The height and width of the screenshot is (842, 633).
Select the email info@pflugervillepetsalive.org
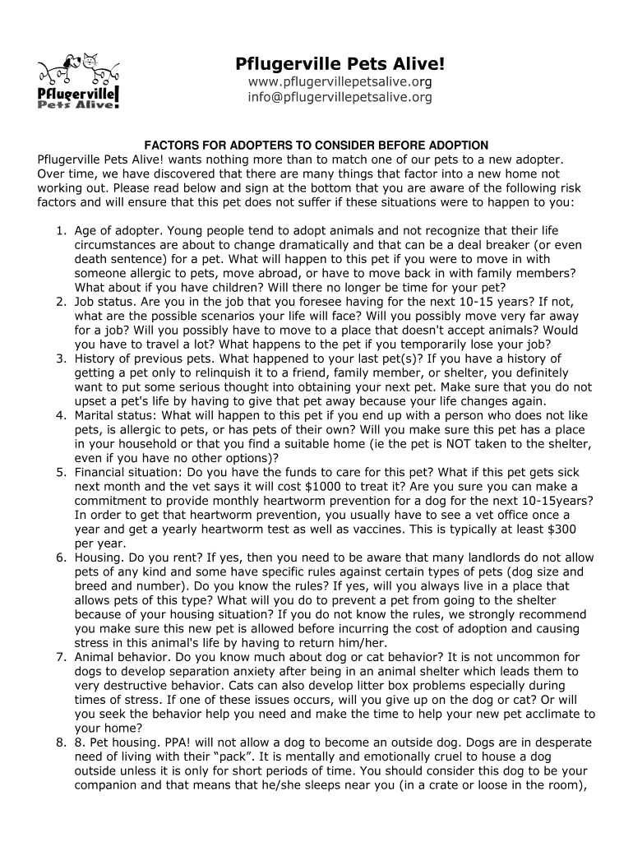pos(340,97)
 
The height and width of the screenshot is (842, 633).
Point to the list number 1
pos(60,231)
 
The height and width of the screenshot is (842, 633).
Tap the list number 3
pos(60,359)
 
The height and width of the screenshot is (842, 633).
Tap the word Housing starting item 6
pos(100,557)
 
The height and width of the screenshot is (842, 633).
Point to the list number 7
pos(60,657)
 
